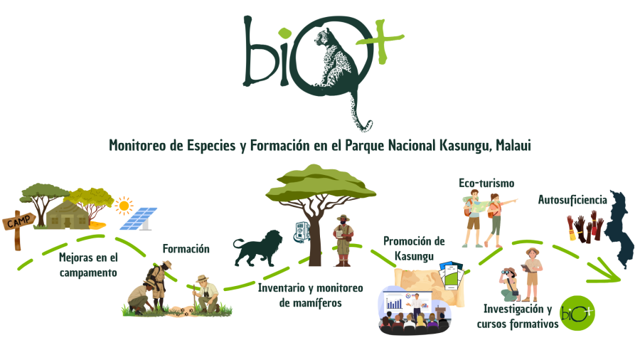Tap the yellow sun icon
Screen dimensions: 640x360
(x=124, y=206)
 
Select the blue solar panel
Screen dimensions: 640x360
(x=139, y=219)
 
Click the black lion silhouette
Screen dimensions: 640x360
(x=258, y=248)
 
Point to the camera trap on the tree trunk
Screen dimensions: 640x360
(x=301, y=231)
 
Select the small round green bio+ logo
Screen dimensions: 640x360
(x=577, y=313)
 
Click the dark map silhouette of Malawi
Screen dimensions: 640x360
(x=620, y=228)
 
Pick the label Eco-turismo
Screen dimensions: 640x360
(x=486, y=184)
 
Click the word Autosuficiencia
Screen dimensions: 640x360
(x=572, y=200)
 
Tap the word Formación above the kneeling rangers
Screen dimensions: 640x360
(x=186, y=248)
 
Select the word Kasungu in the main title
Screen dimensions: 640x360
(x=464, y=145)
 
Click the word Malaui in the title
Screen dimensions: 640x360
(x=513, y=145)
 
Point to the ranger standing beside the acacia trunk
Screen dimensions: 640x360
(x=343, y=240)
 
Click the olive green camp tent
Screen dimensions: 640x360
(x=68, y=215)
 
